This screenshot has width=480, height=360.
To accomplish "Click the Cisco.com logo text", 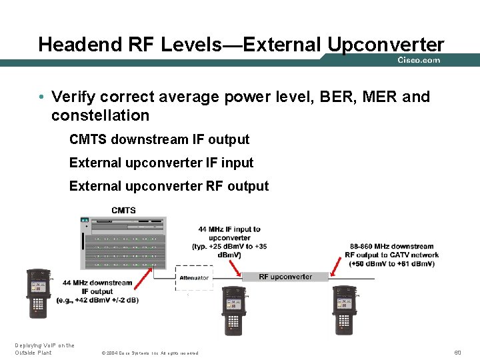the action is [x=419, y=60].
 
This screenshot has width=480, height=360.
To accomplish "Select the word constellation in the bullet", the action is [x=100, y=115].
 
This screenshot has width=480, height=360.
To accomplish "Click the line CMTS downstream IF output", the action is [x=159, y=139].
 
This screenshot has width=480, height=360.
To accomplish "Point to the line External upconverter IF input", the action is [x=161, y=163].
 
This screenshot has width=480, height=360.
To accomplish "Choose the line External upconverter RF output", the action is [x=169, y=186].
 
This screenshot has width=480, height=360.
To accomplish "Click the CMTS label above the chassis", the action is [x=123, y=211].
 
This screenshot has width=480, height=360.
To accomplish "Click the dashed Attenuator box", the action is [x=194, y=278].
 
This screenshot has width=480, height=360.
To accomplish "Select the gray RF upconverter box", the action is [x=285, y=277].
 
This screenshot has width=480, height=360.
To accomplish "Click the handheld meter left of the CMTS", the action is [x=37, y=294].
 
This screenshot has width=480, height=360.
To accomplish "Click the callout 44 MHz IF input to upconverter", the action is [x=229, y=242].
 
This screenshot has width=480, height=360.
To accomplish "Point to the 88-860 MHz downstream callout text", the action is [x=391, y=255].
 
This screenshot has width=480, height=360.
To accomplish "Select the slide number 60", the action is [x=457, y=352].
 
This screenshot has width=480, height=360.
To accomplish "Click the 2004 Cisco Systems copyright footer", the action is [x=149, y=353].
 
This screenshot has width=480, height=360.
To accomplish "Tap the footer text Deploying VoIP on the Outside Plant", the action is [x=44, y=349].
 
